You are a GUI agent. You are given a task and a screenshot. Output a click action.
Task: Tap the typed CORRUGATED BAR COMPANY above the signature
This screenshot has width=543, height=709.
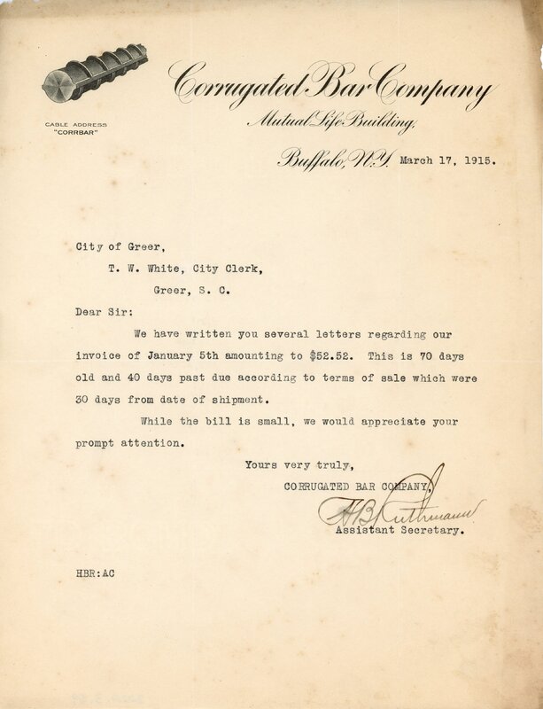coord(359,487)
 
